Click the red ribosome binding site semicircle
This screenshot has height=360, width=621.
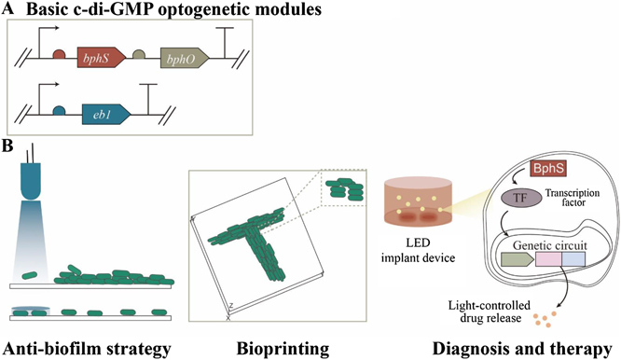58,56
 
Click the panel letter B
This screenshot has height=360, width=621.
7,146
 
